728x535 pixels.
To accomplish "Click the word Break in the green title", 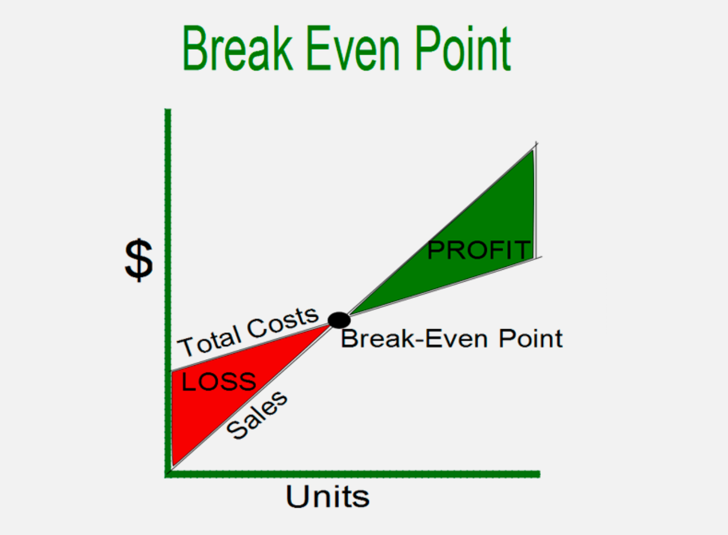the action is coord(238,47).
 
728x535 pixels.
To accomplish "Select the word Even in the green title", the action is coord(353,47).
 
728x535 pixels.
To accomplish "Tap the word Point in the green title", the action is coord(463,47).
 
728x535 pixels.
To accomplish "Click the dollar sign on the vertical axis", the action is coord(139,260).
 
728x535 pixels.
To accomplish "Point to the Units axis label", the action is coord(327,496).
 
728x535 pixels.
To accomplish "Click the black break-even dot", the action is coord(339,320).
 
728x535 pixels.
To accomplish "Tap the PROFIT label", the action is coord(479,250).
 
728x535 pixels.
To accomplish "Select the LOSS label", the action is coord(219,381).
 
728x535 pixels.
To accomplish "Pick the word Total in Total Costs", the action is coord(210,343).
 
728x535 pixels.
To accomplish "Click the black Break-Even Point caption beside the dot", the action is coord(451,338).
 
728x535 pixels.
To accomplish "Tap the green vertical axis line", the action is coord(168,293).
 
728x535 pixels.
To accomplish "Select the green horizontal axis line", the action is coord(353,474).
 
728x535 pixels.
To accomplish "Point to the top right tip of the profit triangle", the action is coord(533,150).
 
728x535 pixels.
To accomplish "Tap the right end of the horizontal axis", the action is coord(540,474).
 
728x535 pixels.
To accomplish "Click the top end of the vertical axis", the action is coord(168,109).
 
